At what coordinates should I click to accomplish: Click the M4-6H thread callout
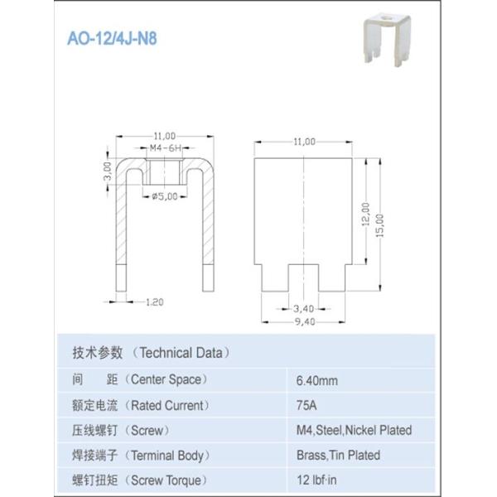click(165, 148)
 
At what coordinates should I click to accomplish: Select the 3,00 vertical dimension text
click(107, 172)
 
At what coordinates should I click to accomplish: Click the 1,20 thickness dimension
click(153, 302)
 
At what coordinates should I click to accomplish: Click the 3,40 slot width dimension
click(303, 309)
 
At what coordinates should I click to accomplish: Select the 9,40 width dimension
click(303, 322)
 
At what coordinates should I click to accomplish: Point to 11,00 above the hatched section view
click(164, 135)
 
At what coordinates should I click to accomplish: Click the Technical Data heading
click(150, 352)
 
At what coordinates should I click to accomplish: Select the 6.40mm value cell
click(316, 381)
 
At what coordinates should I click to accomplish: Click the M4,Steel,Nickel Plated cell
click(354, 431)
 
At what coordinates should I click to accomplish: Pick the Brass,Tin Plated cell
click(338, 455)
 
